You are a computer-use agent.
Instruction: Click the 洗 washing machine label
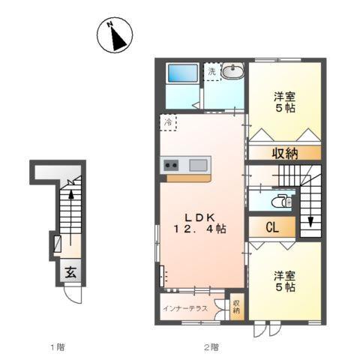(x=211, y=71)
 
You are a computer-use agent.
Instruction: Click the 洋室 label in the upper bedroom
(x=283, y=94)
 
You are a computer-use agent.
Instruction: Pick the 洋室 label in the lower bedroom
(x=283, y=274)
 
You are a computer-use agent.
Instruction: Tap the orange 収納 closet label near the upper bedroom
(x=284, y=153)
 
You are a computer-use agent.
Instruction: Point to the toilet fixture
(x=280, y=201)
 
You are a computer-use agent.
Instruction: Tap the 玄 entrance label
(x=69, y=273)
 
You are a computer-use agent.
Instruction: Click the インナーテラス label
(x=184, y=308)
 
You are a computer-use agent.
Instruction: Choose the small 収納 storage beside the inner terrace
(x=236, y=307)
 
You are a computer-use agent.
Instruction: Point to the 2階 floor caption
(x=212, y=346)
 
